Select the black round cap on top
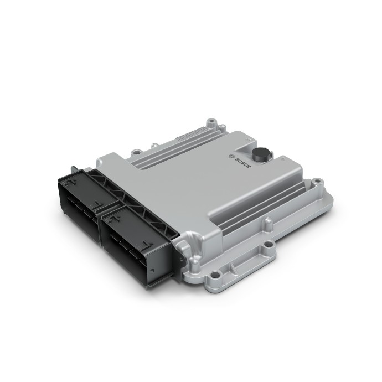tap(260, 154)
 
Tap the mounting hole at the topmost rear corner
tap(210, 120)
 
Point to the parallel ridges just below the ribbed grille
tap(183, 152)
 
